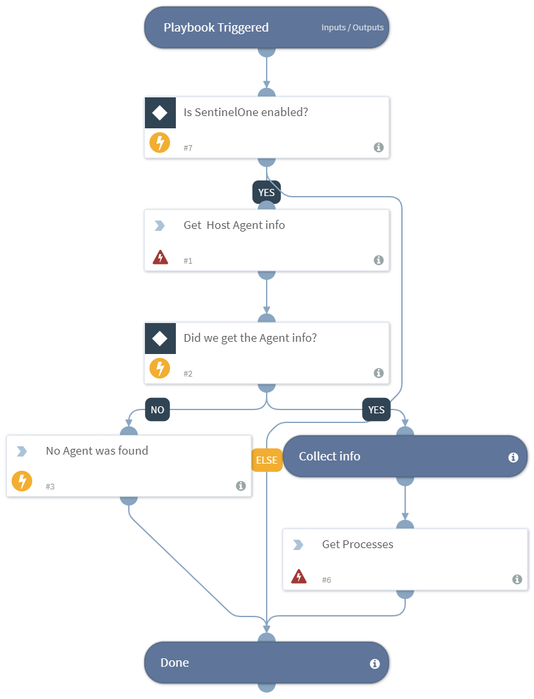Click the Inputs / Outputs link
point(352,28)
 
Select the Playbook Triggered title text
point(216,28)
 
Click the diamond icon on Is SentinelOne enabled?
point(160,113)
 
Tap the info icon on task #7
point(379,148)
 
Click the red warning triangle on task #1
point(160,258)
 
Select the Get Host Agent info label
point(234,225)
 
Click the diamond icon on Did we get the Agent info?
point(160,339)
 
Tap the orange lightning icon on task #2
point(160,368)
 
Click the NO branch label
point(157,409)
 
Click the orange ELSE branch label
point(267,460)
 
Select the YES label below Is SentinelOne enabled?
point(266,192)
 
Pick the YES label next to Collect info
point(376,409)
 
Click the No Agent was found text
point(97,451)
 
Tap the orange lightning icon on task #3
point(22,481)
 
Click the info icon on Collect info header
point(513,457)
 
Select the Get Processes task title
point(358,544)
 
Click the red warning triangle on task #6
point(298,576)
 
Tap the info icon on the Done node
point(375,664)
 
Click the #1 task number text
point(188,261)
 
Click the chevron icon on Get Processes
point(298,545)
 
